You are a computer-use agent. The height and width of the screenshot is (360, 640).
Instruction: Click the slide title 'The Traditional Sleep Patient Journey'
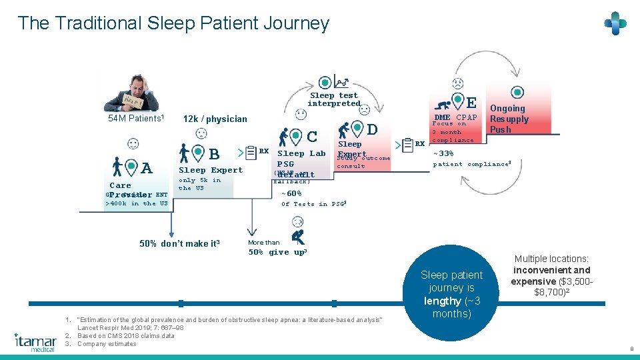coord(173,23)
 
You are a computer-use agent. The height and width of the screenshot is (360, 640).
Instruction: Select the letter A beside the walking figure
coord(147,169)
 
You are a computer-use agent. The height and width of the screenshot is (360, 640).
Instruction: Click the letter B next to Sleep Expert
coord(214,155)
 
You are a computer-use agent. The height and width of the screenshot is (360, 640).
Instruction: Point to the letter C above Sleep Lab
coord(311,137)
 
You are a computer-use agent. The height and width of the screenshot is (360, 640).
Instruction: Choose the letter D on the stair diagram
coord(372,129)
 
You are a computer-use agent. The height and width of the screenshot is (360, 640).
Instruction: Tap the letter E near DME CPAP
coord(471,103)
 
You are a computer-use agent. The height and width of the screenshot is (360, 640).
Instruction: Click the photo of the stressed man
coord(132,91)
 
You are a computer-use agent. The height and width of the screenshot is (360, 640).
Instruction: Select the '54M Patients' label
coord(136,118)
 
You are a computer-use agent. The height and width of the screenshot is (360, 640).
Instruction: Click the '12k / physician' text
coord(215,119)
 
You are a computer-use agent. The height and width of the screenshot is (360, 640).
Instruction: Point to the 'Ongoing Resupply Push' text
coord(509,119)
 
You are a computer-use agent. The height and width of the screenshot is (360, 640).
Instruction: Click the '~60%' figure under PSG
coord(291,193)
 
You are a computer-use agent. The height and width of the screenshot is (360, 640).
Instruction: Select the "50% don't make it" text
coord(179,243)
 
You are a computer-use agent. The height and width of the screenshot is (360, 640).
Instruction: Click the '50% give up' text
coord(277,252)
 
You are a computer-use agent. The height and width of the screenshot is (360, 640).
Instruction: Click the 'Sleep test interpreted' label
coord(333,99)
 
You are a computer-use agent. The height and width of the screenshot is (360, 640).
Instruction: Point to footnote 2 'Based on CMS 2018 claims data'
coord(126,335)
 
